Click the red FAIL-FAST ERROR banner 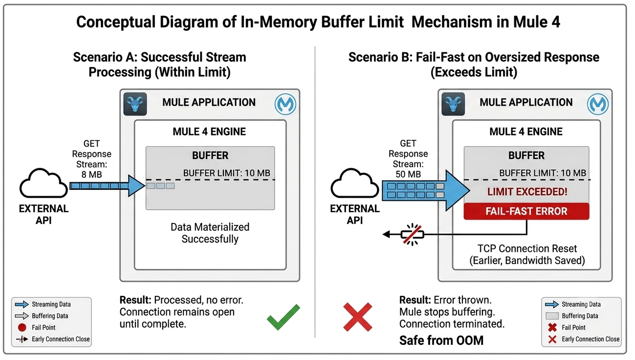[x=526, y=211]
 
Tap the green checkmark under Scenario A [x=283, y=317]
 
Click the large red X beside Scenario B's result [x=357, y=317]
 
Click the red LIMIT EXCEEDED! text [x=527, y=192]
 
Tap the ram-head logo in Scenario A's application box [x=135, y=104]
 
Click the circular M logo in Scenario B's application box [x=598, y=104]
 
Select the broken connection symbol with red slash [x=412, y=234]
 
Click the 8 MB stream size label [x=91, y=175]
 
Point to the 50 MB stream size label [x=408, y=174]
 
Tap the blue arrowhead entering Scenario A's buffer [x=136, y=186]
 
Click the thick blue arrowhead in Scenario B [x=457, y=190]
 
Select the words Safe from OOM [x=441, y=340]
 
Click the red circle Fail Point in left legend [x=22, y=327]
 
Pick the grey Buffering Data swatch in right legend [x=552, y=316]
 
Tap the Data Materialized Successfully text [x=210, y=233]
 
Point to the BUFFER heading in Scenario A [x=210, y=156]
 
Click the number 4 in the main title [x=555, y=22]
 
